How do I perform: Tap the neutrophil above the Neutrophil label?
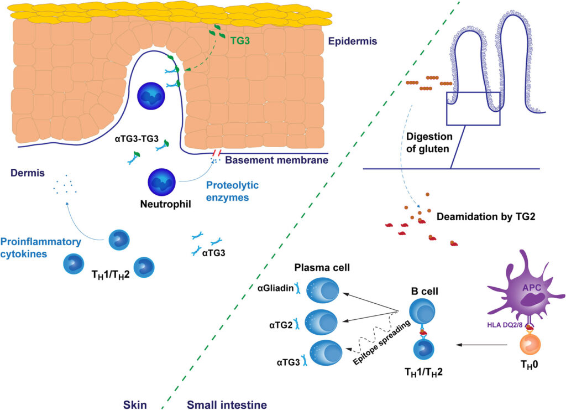click(161, 183)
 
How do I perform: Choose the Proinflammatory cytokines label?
click(40, 247)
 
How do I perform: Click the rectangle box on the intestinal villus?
click(473, 108)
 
